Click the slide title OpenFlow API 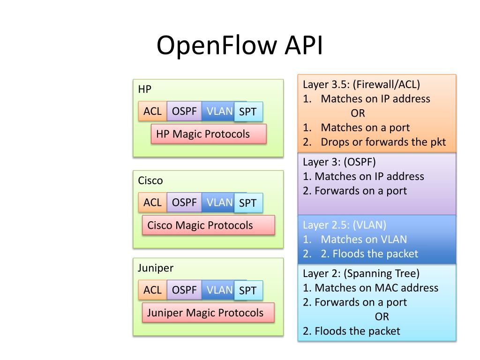point(240,45)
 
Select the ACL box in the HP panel point(152,111)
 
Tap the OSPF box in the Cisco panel point(184,202)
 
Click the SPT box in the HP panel point(248,112)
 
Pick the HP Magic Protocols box point(209,134)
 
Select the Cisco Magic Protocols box point(209,225)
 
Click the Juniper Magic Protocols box point(208,313)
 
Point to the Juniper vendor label point(156,268)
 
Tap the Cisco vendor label point(150,180)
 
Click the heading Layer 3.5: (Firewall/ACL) point(361,84)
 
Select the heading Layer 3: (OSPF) point(339,162)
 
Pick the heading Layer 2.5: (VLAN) point(345,225)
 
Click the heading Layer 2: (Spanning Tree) point(361,273)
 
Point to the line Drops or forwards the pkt point(383,142)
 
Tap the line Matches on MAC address point(376,288)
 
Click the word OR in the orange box point(358,113)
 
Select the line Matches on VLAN point(364,240)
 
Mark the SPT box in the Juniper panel point(248,291)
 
